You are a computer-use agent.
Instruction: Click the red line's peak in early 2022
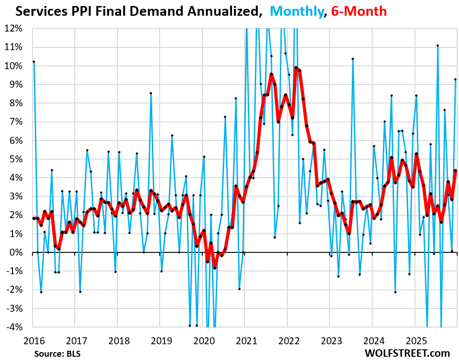[x=296, y=68]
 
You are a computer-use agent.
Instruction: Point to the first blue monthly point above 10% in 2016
[x=34, y=62]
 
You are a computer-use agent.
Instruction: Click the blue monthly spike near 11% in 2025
[x=438, y=45]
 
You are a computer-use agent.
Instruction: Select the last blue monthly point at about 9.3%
[x=455, y=79]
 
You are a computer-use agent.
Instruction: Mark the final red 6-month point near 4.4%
[x=455, y=170]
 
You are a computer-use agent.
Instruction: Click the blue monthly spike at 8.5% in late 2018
[x=151, y=93]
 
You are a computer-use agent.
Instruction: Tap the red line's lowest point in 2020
[x=214, y=268]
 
